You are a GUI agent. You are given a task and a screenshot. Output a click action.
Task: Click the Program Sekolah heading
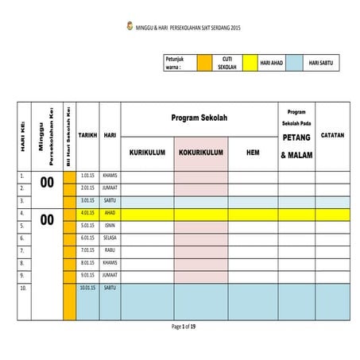click(x=199, y=118)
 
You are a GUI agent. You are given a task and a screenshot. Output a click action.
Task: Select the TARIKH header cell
click(x=87, y=136)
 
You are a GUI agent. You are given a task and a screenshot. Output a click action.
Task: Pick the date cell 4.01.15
click(x=87, y=213)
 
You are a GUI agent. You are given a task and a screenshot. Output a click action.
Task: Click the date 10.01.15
click(x=87, y=288)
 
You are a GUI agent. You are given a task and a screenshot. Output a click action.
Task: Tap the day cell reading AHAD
click(x=110, y=213)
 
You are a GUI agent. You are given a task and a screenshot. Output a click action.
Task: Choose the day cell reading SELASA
click(x=110, y=238)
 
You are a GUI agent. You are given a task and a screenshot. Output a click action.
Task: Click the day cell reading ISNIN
click(x=110, y=225)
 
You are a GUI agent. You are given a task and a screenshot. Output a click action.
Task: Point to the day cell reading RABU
click(x=110, y=250)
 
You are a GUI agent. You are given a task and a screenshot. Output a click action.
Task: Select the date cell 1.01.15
click(x=87, y=175)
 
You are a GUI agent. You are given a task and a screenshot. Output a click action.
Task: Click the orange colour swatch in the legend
click(x=203, y=64)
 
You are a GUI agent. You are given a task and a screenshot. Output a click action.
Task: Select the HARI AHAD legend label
click(x=271, y=64)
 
